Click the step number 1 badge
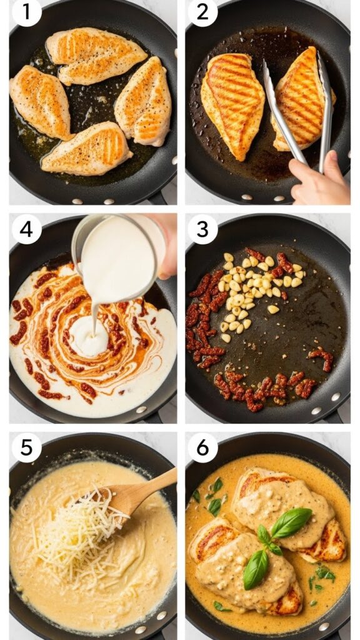(x=26, y=13)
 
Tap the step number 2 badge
(x=203, y=13)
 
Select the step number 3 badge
(x=203, y=229)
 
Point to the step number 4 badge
(x=26, y=229)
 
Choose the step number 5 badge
(x=26, y=447)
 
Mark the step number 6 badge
(x=203, y=447)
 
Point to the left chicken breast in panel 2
(x=232, y=103)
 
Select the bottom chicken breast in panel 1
(x=87, y=150)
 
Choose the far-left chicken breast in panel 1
(x=41, y=109)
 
